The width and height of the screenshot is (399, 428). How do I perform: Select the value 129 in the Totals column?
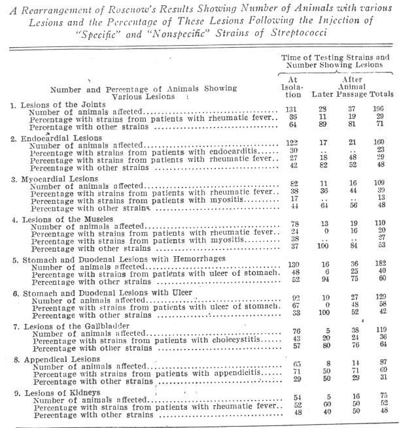point(382,298)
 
